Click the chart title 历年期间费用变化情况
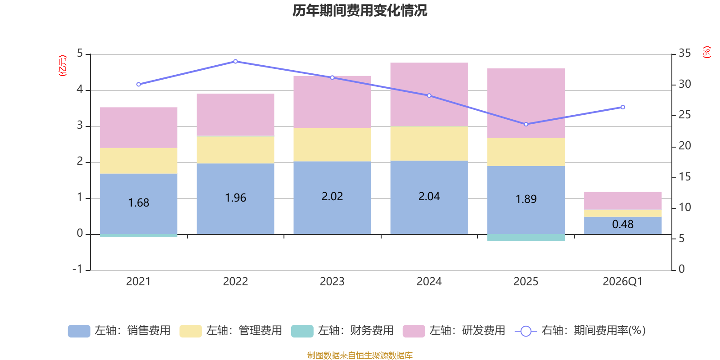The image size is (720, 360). pos(360,10)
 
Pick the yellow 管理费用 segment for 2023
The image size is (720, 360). pos(332,145)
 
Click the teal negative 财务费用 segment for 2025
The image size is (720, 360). pos(526,238)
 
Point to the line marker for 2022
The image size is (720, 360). pos(235,61)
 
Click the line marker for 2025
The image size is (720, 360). pos(526,124)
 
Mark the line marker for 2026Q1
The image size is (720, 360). pos(623,107)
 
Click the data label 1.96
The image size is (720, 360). pos(235,198)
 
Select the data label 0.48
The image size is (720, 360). pos(623,224)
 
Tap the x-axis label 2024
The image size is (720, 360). pos(429,282)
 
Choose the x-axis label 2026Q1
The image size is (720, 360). pos(623,282)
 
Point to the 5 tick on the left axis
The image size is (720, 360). pos(80,54)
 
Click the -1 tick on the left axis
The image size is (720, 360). pos(78,269)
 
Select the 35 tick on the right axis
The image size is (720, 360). pos(684,54)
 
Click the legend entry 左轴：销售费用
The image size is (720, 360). pos(120,331)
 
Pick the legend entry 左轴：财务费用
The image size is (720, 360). pos(342,331)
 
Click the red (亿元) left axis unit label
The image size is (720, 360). pos(63,66)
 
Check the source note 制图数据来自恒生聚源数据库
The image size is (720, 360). pos(360,355)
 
